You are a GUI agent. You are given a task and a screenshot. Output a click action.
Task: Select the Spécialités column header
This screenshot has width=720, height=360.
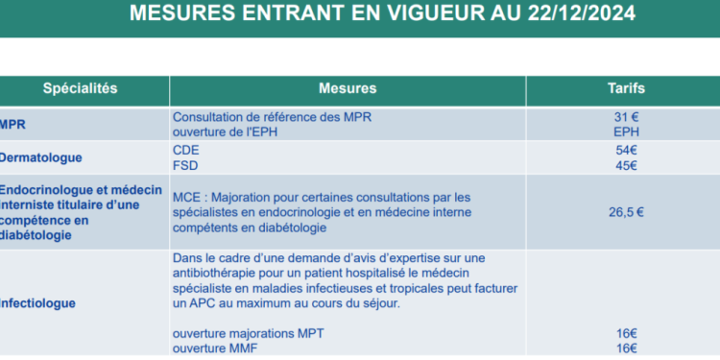[x=80, y=88]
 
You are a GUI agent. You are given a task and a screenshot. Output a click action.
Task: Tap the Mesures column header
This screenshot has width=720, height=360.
[x=347, y=88]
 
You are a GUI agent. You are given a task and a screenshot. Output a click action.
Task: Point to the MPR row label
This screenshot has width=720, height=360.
[x=13, y=125]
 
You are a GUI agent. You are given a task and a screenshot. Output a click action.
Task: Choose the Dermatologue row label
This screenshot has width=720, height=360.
[x=40, y=157]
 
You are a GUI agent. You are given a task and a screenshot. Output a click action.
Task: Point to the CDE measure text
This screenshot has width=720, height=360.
[x=186, y=150]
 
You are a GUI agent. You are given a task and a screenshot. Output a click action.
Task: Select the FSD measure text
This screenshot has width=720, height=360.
[x=186, y=165]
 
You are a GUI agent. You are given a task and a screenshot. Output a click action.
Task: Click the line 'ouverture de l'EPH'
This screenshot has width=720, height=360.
[x=227, y=132]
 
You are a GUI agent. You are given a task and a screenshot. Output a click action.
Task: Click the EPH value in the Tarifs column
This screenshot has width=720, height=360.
[x=625, y=132]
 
